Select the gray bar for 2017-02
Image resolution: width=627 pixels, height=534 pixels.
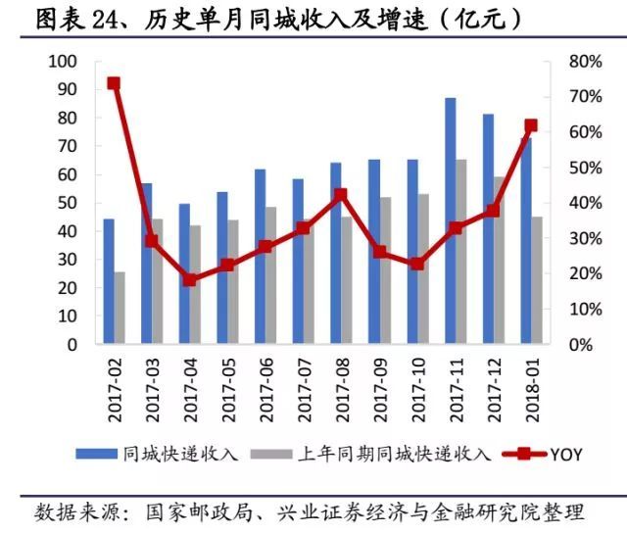(x=120, y=308)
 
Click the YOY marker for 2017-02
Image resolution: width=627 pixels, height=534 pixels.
(x=114, y=83)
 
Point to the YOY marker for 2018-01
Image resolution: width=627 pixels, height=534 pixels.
(x=531, y=125)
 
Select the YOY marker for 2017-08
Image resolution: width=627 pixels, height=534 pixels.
(x=341, y=195)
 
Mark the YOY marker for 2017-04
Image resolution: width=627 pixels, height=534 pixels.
(x=190, y=279)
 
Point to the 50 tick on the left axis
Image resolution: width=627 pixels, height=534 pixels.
(x=66, y=204)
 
